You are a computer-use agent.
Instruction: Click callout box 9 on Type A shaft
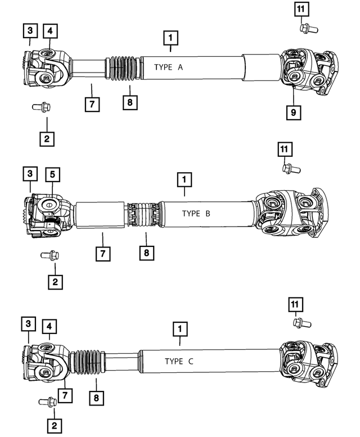click(x=293, y=112)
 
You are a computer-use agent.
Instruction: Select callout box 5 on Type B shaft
click(x=51, y=175)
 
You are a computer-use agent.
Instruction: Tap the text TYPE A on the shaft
click(x=168, y=67)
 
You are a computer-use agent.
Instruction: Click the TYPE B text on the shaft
click(x=196, y=214)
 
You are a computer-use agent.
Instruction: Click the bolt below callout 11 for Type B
click(x=291, y=168)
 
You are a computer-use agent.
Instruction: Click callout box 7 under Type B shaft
click(x=102, y=253)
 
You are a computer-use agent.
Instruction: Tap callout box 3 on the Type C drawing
click(x=28, y=324)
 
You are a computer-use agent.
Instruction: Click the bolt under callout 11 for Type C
click(x=302, y=322)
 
